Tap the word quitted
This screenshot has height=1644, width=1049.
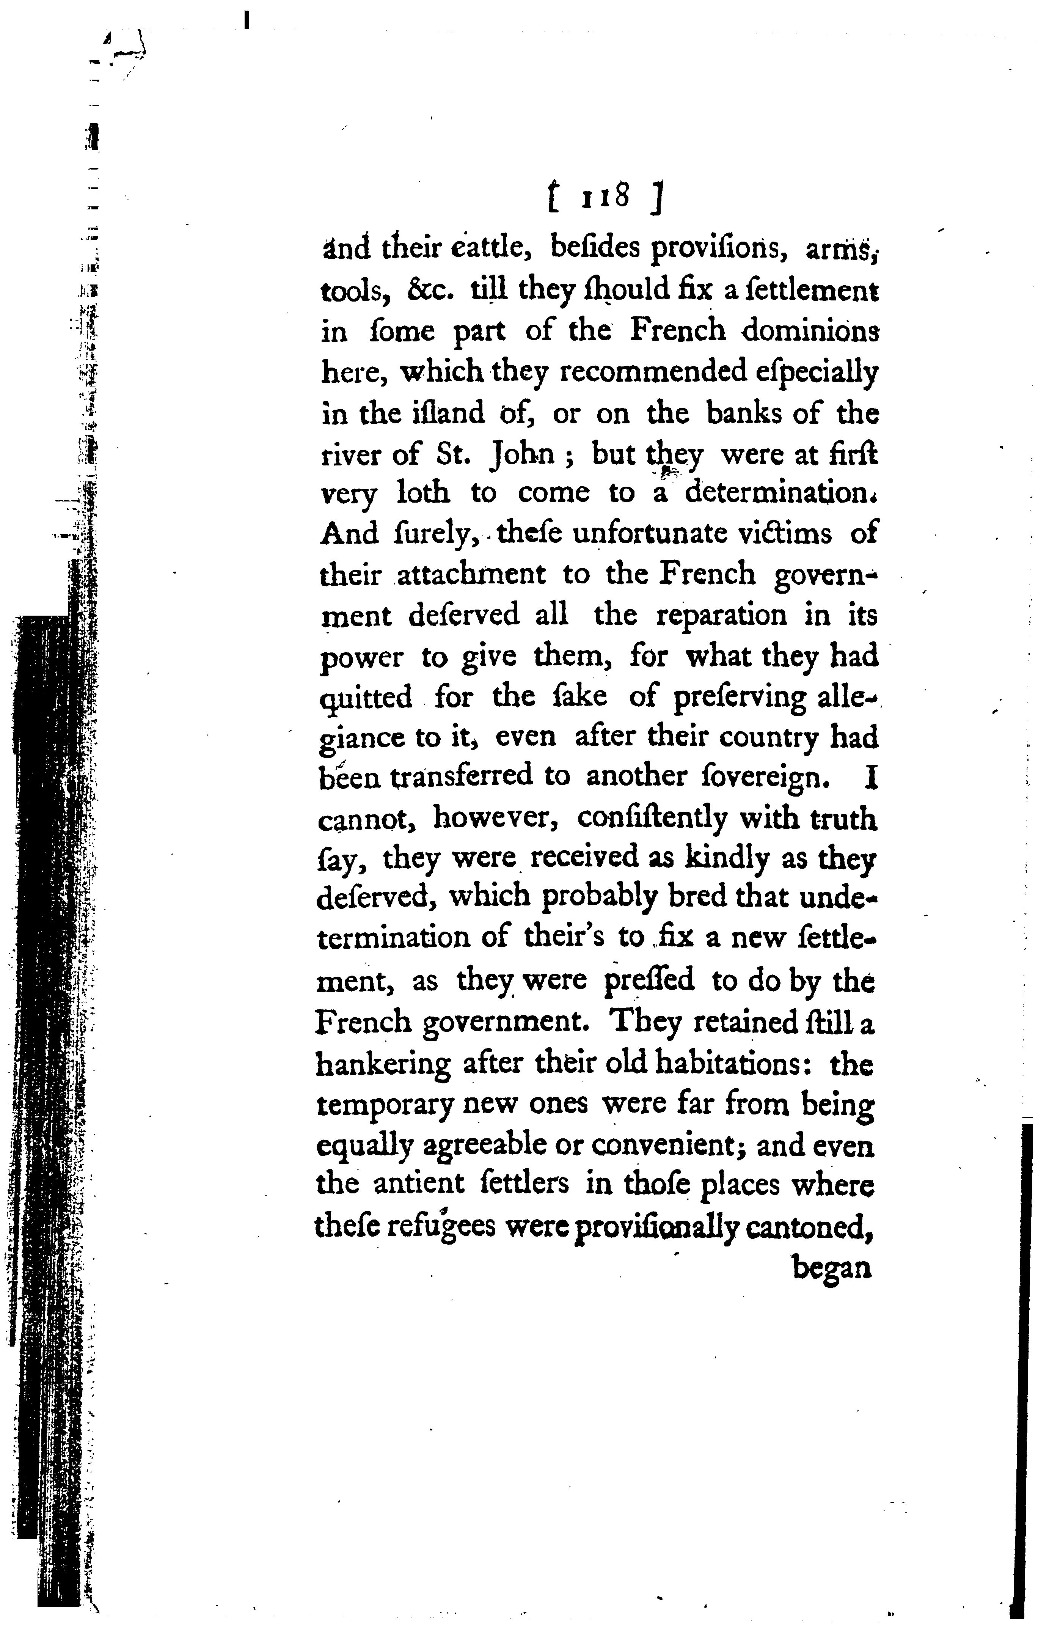[366, 698]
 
